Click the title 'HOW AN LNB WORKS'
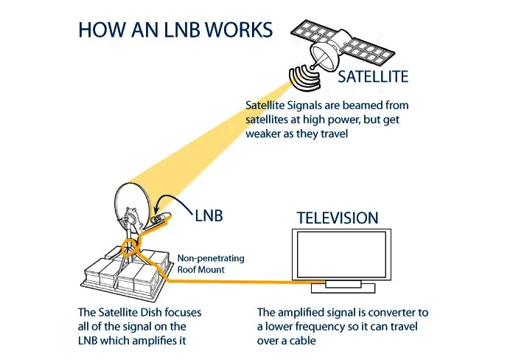(175, 30)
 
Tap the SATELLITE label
(372, 76)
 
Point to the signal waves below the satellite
(298, 77)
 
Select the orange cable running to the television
(243, 281)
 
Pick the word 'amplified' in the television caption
(304, 313)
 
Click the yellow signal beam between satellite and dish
(214, 140)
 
